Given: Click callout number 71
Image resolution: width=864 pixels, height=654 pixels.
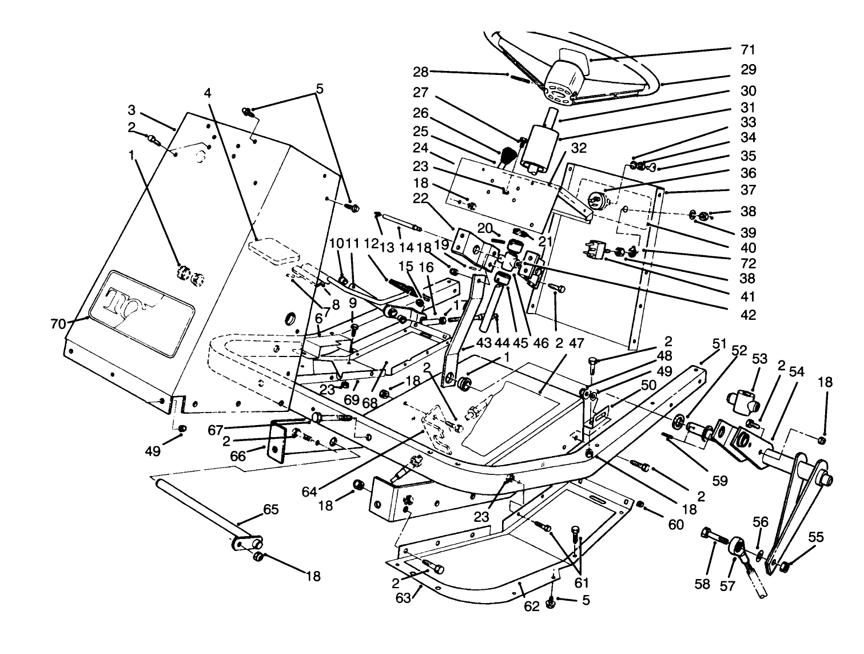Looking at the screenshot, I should pos(748,49).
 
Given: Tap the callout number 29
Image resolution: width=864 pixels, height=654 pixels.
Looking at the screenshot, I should pos(748,70).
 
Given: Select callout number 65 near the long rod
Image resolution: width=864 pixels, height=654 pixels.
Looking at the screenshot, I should pos(270,509).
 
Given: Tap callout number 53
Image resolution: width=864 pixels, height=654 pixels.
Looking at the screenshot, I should pos(759,359).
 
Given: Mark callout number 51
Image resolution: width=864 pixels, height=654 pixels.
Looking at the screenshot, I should pos(719,344).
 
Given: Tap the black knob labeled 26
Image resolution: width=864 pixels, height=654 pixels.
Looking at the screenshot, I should pos(508,155).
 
